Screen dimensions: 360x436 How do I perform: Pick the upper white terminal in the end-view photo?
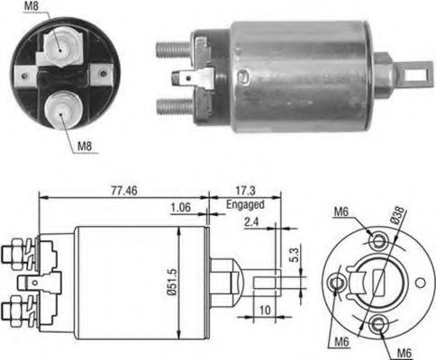[x=59, y=41]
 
